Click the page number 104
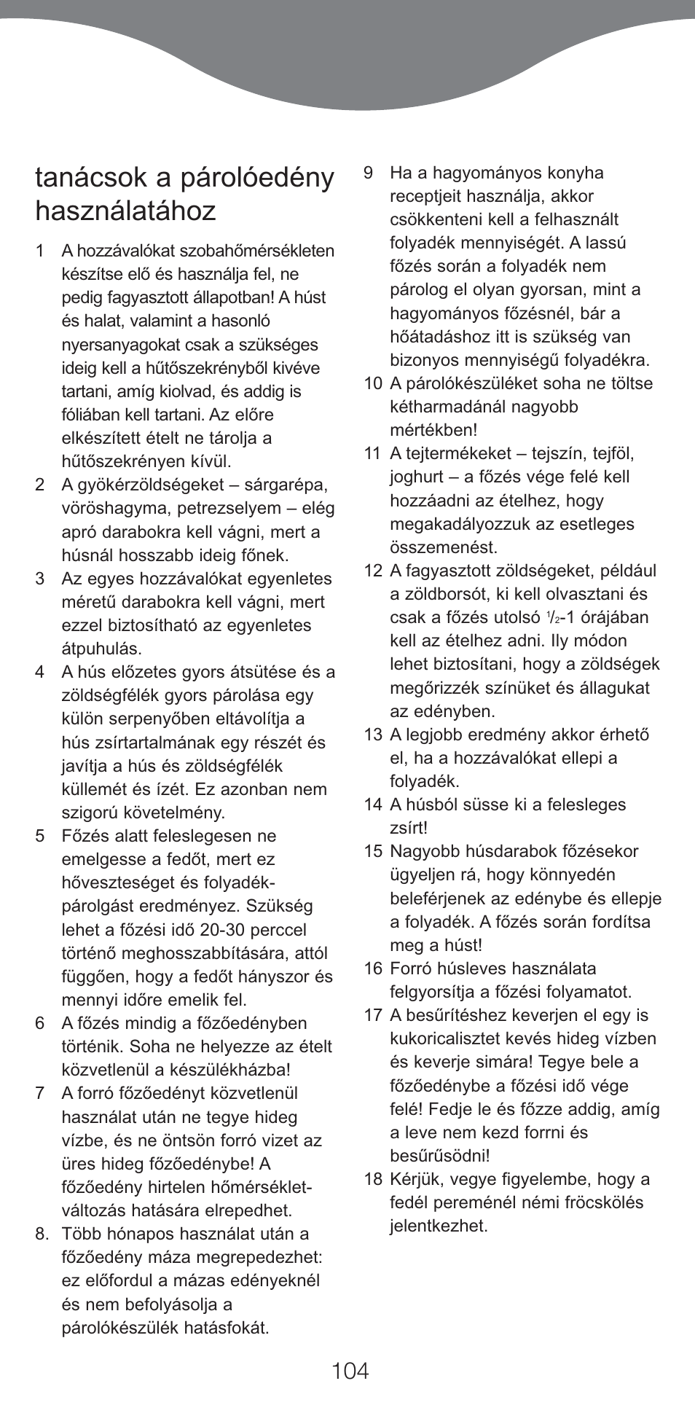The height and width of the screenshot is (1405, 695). coord(350,1370)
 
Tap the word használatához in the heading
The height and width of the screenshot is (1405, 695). coord(125,211)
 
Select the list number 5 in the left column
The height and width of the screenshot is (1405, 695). coord(40,836)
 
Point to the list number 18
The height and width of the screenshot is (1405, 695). coord(373,1179)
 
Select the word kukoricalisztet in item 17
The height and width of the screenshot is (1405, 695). coord(448,1039)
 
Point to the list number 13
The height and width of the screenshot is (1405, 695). coord(373,735)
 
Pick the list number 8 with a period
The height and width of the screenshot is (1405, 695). coord(42,1234)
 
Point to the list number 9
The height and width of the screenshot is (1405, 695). coord(369,173)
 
